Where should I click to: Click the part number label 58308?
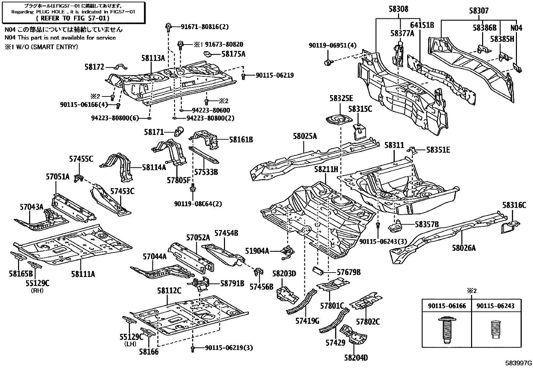(x=398, y=9)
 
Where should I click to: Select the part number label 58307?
(x=479, y=11)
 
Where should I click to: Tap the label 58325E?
(x=341, y=98)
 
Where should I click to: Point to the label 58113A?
(x=153, y=58)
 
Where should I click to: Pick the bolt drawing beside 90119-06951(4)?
(x=328, y=63)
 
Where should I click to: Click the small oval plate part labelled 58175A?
(x=208, y=54)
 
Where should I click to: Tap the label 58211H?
(x=326, y=169)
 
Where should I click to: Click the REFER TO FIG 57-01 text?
(x=73, y=18)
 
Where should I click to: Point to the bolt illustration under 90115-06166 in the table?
(x=446, y=330)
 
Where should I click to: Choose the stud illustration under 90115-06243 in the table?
(x=496, y=330)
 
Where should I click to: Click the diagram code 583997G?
(x=519, y=363)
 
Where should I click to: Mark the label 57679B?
(x=349, y=272)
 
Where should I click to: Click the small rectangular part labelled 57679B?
(x=318, y=271)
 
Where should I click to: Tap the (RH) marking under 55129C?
(x=37, y=291)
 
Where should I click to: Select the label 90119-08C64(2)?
(x=198, y=204)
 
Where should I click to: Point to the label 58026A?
(x=464, y=248)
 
